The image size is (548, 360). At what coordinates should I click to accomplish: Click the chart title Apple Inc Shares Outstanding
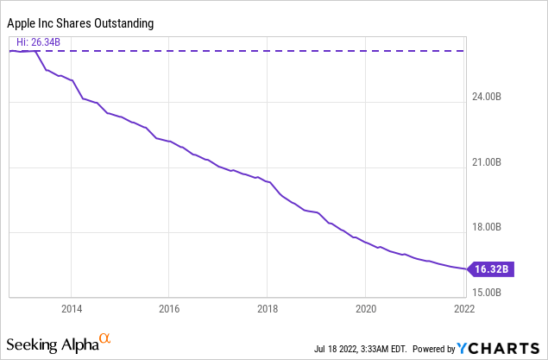(x=82, y=23)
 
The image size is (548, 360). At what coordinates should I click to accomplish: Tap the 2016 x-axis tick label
(x=169, y=307)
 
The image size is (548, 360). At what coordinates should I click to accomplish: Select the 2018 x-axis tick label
(x=268, y=307)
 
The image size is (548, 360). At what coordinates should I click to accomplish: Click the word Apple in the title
(x=24, y=23)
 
